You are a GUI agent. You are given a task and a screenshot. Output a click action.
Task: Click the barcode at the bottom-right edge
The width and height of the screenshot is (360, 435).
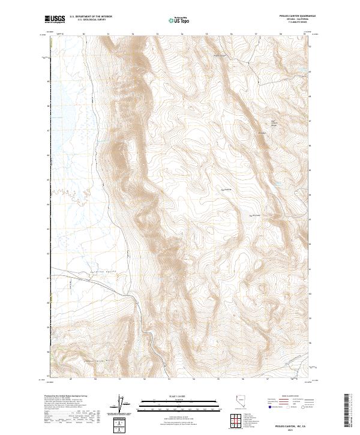click(350, 410)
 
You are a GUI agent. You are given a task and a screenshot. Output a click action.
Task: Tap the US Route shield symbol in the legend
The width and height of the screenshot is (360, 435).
click(289, 407)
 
